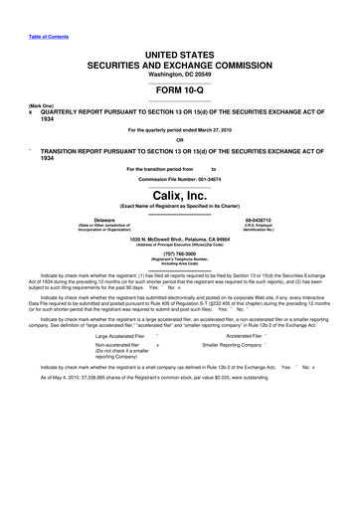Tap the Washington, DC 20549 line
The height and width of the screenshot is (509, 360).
[x=179, y=66]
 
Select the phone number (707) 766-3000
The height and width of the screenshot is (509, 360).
[x=179, y=253]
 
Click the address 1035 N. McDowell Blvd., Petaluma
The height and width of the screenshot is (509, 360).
[x=179, y=240]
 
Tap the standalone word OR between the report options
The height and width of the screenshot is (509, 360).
[x=179, y=138]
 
